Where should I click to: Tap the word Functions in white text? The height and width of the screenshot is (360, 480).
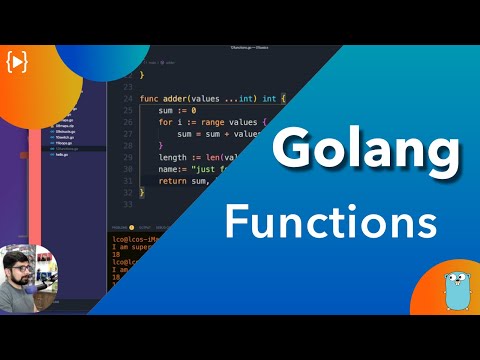pyautogui.click(x=330, y=219)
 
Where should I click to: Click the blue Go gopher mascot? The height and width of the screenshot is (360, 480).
pyautogui.click(x=456, y=287)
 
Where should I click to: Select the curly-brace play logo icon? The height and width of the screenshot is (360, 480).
pyautogui.click(x=17, y=61)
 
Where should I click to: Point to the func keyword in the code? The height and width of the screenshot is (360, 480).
pyautogui.click(x=150, y=98)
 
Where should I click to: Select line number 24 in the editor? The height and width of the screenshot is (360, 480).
pyautogui.click(x=128, y=98)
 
